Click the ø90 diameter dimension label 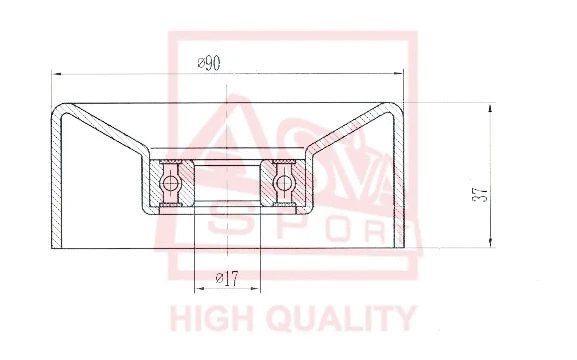(x=209, y=63)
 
